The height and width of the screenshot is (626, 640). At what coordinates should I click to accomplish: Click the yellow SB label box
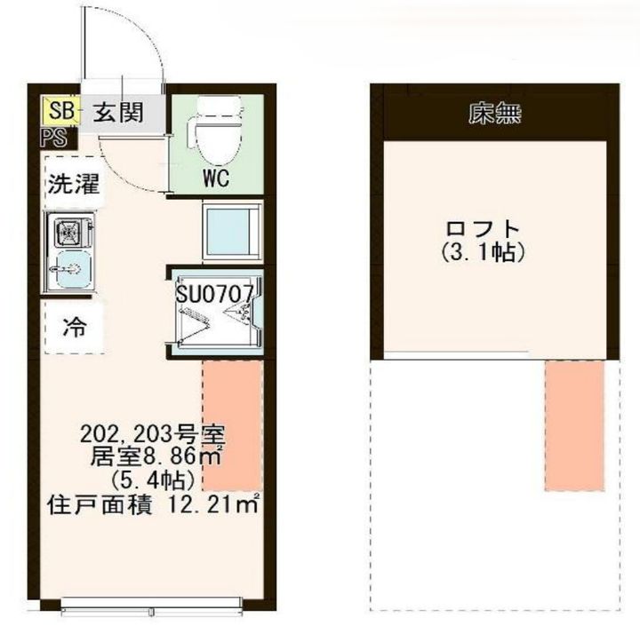(x=60, y=112)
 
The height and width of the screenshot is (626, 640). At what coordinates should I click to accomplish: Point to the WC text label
(x=216, y=178)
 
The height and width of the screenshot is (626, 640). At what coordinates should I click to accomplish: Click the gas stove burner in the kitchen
(x=69, y=234)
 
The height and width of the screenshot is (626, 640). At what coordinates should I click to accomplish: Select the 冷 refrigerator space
(x=73, y=326)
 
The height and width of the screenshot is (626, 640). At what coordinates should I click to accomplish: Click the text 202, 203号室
(x=153, y=435)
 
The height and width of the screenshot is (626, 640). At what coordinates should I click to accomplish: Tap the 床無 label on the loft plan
(x=495, y=114)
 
